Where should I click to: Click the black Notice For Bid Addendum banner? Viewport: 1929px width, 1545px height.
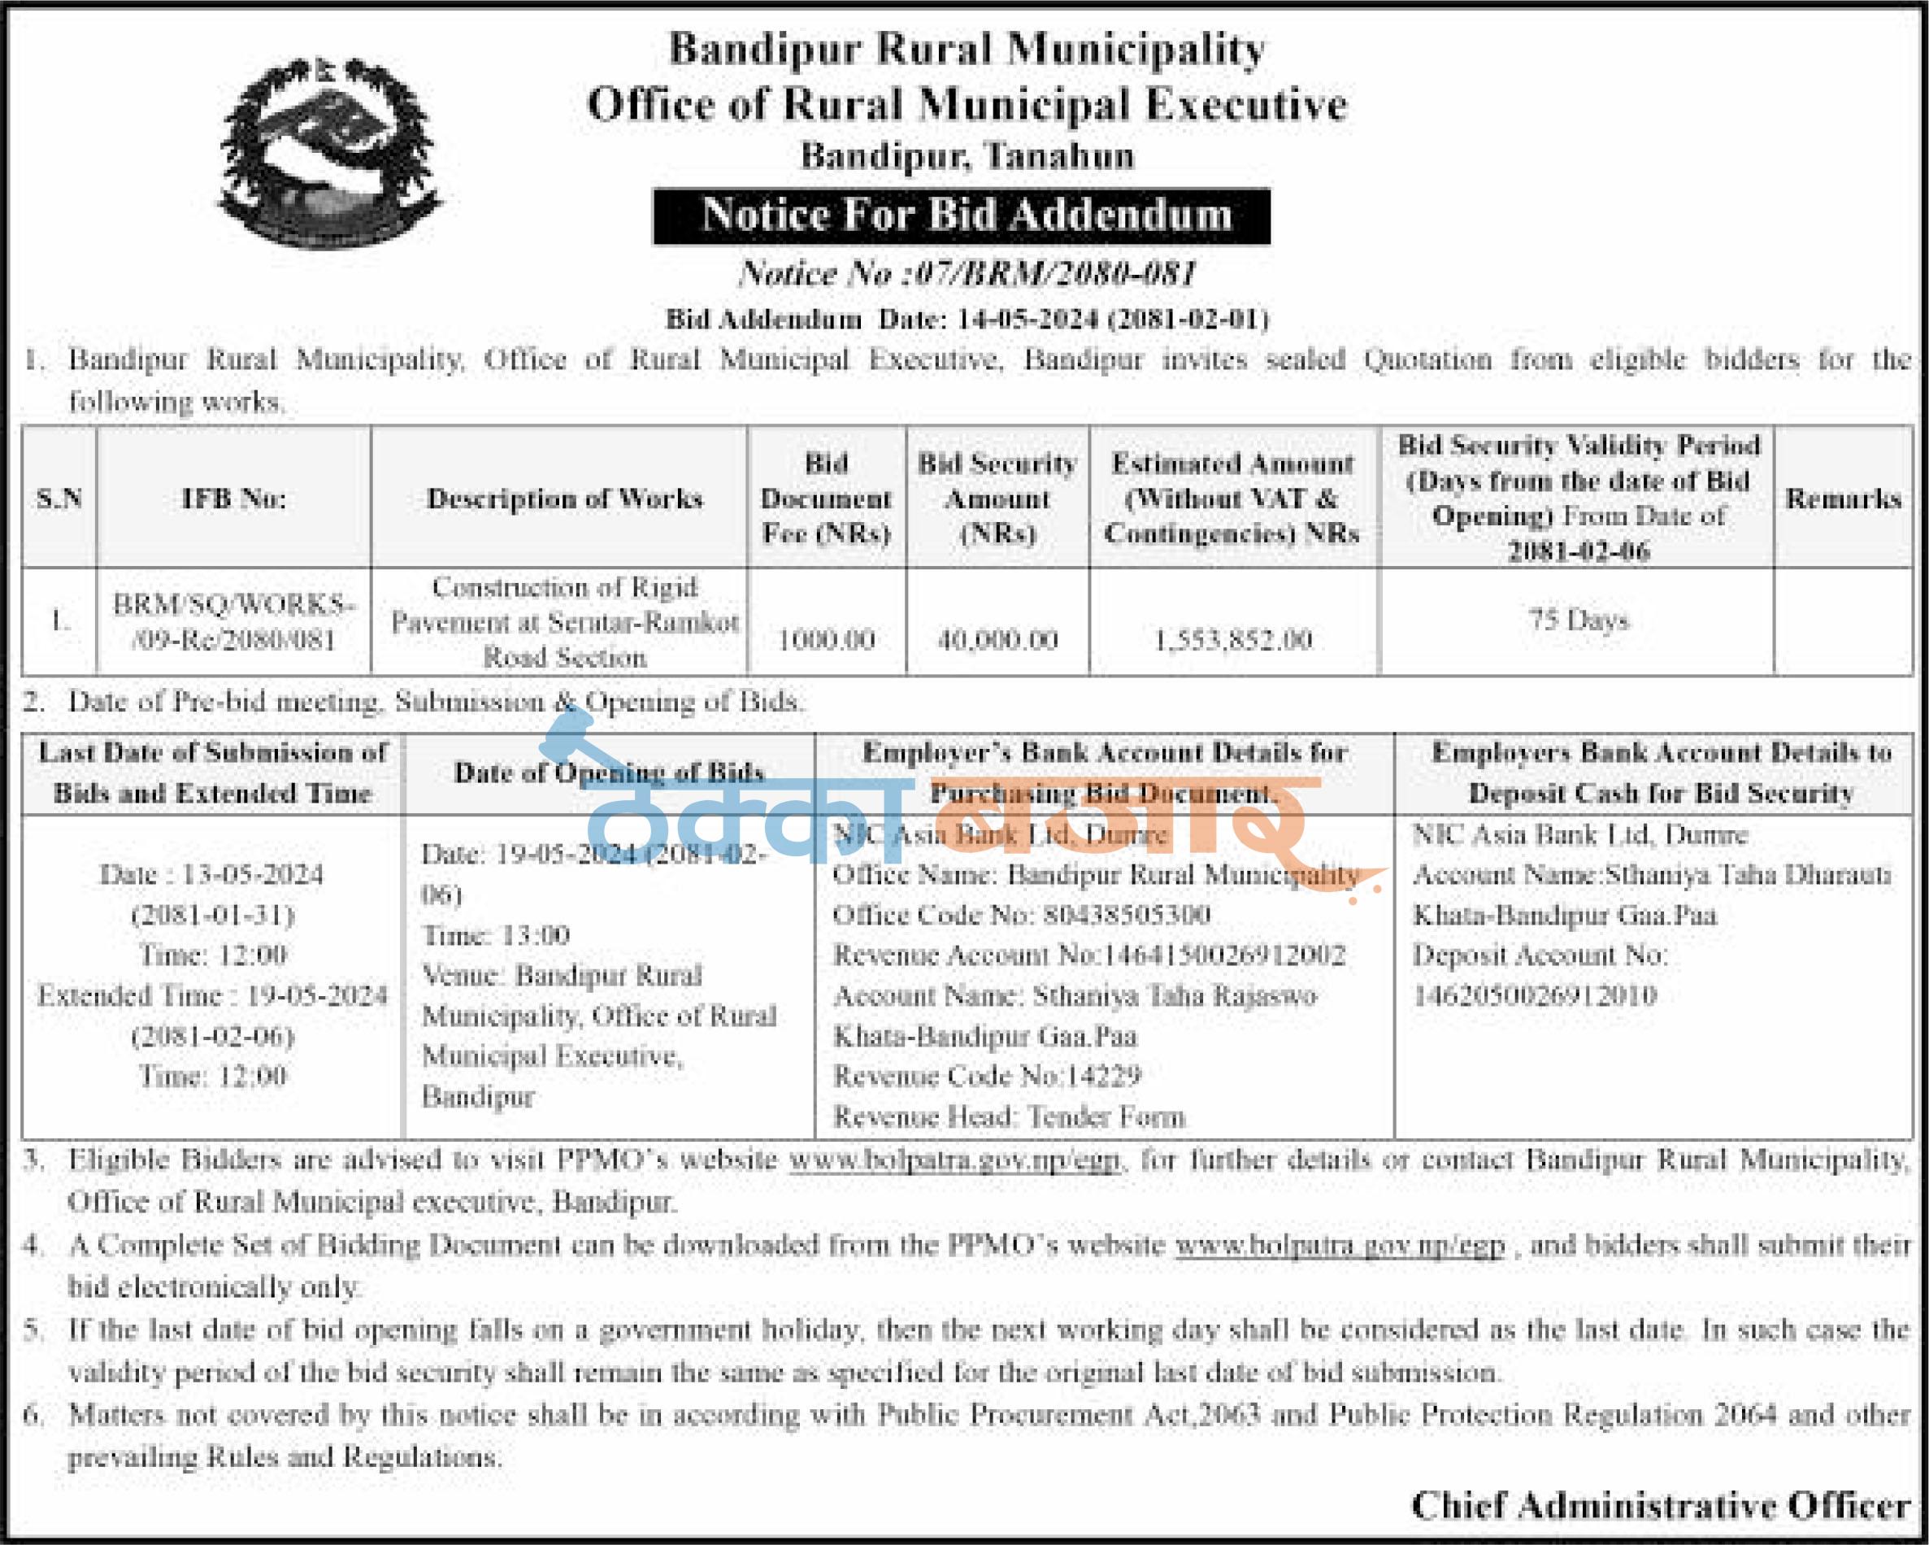click(x=961, y=215)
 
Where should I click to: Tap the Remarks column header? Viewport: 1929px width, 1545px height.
click(x=1843, y=498)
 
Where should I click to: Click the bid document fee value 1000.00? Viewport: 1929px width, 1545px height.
click(x=826, y=639)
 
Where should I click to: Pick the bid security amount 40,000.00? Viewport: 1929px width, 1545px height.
click(x=997, y=639)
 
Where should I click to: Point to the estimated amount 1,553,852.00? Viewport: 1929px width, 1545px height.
click(x=1233, y=639)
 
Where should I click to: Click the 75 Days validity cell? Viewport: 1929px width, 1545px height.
click(x=1577, y=620)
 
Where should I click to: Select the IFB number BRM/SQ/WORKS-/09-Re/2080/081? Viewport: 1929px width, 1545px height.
click(x=233, y=622)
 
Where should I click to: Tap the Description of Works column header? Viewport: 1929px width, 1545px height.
click(x=565, y=498)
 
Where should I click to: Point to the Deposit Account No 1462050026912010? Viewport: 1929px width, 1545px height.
click(x=1534, y=995)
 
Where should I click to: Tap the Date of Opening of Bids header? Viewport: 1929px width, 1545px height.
click(x=608, y=772)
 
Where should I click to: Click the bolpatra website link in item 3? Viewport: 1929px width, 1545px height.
click(x=954, y=1160)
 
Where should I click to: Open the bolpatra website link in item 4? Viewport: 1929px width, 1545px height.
click(x=1340, y=1245)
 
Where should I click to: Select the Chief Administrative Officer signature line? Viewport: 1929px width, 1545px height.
click(x=1661, y=1506)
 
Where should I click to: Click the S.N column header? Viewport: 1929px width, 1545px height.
click(x=59, y=498)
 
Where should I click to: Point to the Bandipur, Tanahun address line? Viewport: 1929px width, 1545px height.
click(x=967, y=156)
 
